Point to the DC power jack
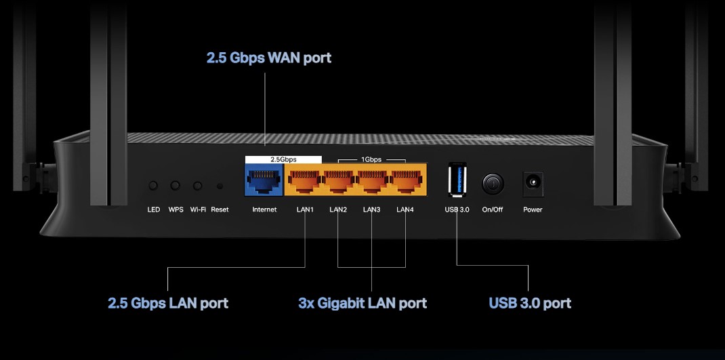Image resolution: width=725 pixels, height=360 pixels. coord(533,182)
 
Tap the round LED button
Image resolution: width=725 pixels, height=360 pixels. coord(154,185)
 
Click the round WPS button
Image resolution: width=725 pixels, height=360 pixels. coord(175,185)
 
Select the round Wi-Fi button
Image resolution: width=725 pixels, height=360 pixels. coord(198,185)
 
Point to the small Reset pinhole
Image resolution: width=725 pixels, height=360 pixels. coord(220,185)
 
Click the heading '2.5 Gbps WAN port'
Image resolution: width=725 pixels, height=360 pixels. coord(269,58)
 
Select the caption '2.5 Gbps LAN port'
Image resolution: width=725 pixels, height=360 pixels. coord(168,303)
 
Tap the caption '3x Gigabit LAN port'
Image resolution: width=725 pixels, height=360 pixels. coord(362,303)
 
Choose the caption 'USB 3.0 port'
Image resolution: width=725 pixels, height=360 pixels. coord(530,303)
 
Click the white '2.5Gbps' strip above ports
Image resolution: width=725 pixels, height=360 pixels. coord(283,159)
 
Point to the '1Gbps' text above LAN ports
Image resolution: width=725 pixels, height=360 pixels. coord(371,159)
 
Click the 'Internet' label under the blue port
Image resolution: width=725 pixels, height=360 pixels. coord(264,209)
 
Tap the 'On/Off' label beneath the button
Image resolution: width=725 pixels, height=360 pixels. coord(493,209)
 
